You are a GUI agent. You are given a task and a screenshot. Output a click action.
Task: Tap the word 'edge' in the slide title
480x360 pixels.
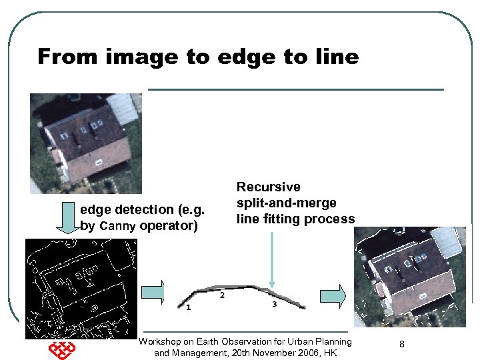247,57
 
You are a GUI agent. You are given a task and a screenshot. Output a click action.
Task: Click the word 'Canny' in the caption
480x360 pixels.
117,226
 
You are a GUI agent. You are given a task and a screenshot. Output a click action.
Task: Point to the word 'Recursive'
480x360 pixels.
269,187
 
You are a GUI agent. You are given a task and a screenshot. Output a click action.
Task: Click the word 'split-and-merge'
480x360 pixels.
287,203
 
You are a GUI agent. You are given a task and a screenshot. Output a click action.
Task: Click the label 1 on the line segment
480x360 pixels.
189,308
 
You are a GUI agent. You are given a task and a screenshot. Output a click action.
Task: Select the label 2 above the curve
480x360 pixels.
222,295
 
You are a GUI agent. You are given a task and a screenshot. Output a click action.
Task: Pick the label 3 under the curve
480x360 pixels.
275,305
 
